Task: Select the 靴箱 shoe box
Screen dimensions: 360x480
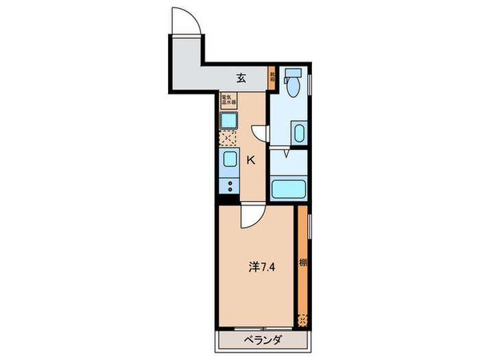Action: pyautogui.click(x=272, y=77)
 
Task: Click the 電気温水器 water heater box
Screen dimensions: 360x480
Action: pyautogui.click(x=228, y=102)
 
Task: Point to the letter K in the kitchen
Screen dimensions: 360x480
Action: pyautogui.click(x=250, y=160)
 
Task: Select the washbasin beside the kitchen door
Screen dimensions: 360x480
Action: pyautogui.click(x=298, y=132)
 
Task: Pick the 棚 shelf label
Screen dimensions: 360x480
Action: pyautogui.click(x=302, y=263)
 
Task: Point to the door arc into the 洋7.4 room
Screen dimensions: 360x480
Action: pyautogui.click(x=250, y=217)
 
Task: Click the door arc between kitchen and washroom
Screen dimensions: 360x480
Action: pyautogui.click(x=261, y=132)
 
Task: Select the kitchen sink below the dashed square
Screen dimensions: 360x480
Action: pyautogui.click(x=229, y=160)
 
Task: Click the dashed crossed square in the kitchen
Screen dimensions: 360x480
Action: pyautogui.click(x=228, y=139)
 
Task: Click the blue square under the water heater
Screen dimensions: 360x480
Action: pyautogui.click(x=228, y=121)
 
